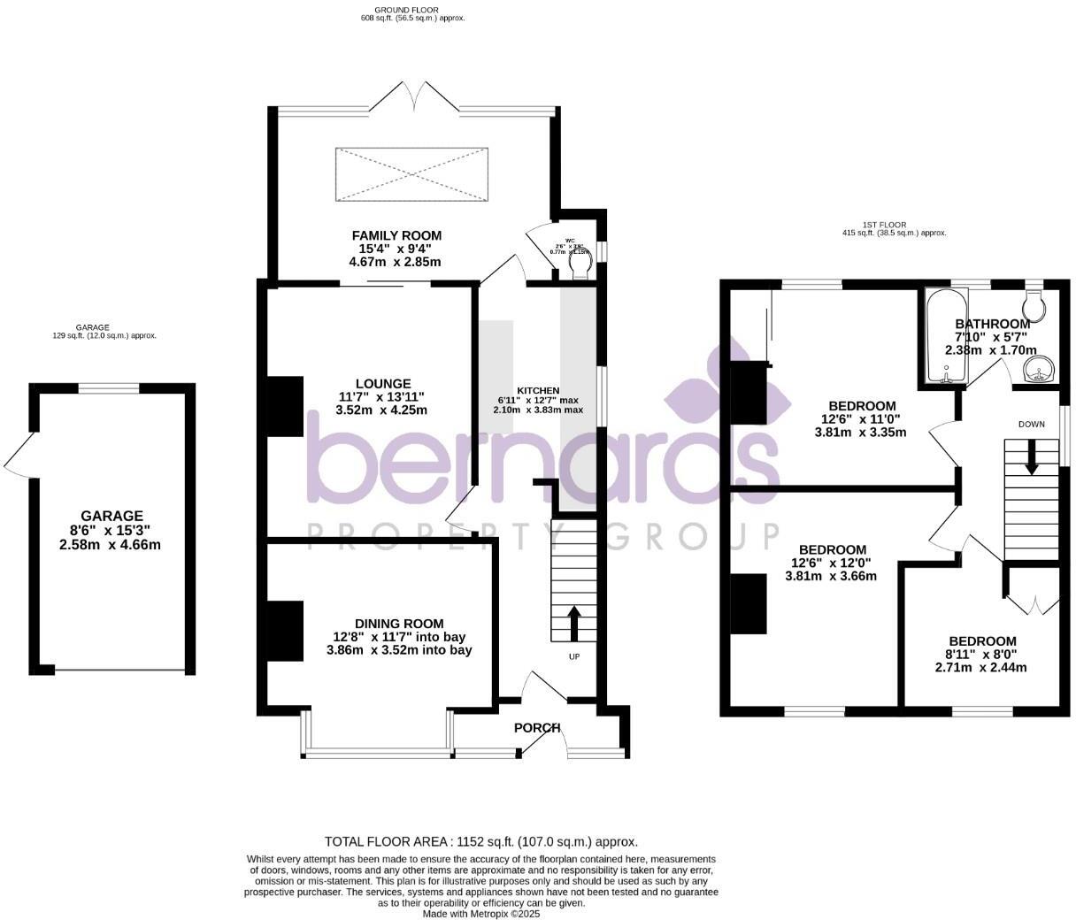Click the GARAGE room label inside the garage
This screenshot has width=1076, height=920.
point(111,516)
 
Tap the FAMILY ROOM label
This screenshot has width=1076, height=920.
point(396,235)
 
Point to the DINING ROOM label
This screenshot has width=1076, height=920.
point(399,624)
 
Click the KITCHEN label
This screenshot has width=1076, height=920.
point(538,390)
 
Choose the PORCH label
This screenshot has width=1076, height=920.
point(537,728)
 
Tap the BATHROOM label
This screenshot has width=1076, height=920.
point(992,325)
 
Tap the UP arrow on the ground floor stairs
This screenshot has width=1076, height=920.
point(573,623)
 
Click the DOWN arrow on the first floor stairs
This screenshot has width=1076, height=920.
point(1031,458)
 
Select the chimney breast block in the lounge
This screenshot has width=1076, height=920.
point(285,406)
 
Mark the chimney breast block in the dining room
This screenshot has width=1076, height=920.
point(285,631)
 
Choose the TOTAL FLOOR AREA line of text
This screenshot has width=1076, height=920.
point(481,842)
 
